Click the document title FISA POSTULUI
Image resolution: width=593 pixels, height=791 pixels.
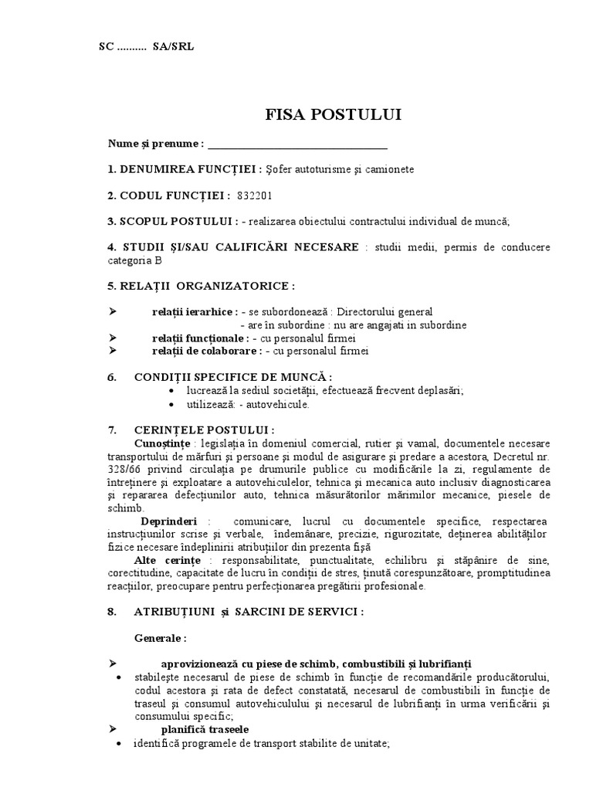click(333, 116)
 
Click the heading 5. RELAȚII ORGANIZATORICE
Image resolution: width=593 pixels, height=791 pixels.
click(202, 286)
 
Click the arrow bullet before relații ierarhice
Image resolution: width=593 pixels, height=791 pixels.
click(113, 311)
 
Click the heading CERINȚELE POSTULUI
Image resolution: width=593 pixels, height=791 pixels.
click(204, 429)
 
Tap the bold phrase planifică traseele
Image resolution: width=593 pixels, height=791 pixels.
click(205, 728)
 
